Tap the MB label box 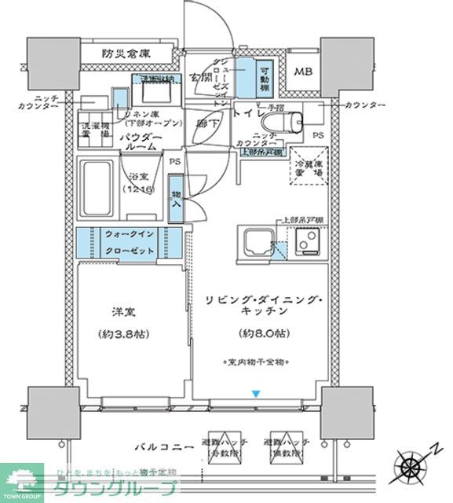pos(303,72)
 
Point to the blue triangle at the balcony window pos(254,394)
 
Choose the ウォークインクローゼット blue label pos(130,241)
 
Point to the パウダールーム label pos(141,142)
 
